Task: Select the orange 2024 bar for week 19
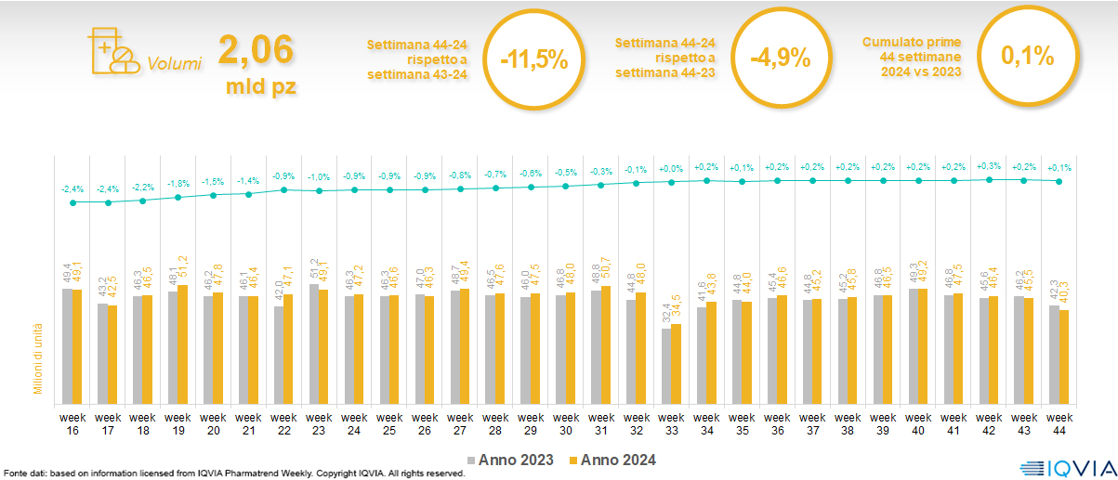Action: point(182,343)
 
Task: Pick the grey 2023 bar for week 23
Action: point(313,342)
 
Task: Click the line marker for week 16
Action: point(72,201)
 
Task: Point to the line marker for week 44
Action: point(1059,181)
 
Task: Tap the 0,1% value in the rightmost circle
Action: point(1027,57)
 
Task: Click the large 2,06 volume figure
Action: point(256,49)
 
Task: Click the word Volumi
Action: point(174,64)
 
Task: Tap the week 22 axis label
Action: point(283,423)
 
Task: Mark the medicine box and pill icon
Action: point(111,50)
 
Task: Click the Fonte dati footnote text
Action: point(232,474)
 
